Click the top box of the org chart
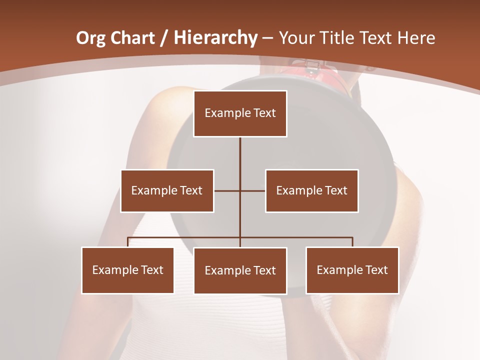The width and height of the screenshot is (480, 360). [x=240, y=113]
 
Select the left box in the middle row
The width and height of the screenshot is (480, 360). [x=167, y=190]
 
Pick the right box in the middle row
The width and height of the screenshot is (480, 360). [x=311, y=190]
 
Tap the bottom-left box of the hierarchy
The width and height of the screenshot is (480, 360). [x=127, y=270]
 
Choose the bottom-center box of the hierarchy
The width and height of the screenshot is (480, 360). [x=240, y=271]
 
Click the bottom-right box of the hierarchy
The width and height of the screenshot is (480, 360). [x=352, y=270]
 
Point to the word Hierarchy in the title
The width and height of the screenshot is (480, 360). [x=215, y=38]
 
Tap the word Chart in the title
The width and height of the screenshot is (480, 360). [x=133, y=38]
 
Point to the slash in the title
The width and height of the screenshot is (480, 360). [x=163, y=38]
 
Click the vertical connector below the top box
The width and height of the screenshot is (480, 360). [x=240, y=160]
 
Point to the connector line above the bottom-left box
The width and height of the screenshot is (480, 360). [x=128, y=242]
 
